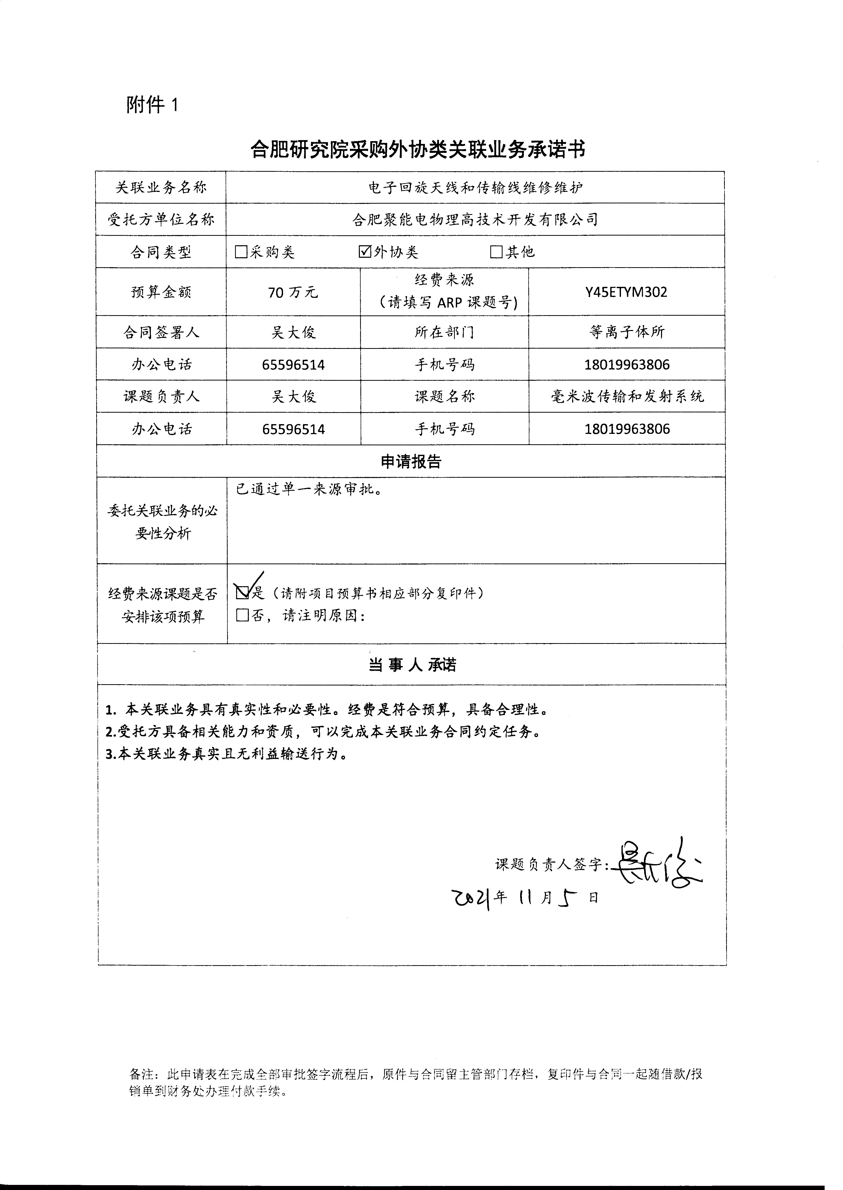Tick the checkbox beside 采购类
(x=241, y=252)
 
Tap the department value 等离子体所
(x=627, y=332)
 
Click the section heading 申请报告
(x=411, y=461)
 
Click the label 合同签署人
(x=161, y=332)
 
